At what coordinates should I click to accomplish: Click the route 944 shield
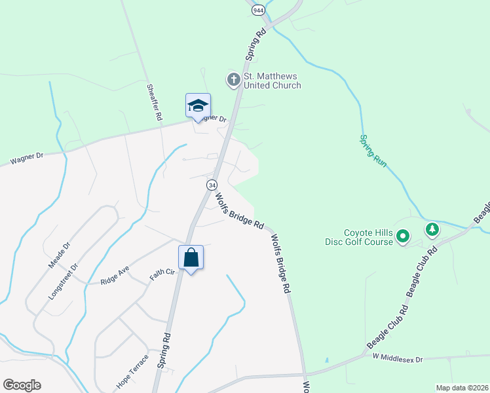(258, 10)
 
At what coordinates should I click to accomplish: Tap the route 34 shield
(212, 185)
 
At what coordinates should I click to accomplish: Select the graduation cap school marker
(198, 106)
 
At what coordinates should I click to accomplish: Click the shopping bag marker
(191, 257)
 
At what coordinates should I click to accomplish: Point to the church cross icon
(233, 80)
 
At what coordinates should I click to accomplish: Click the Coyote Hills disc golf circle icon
(404, 236)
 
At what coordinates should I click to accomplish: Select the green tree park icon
(432, 230)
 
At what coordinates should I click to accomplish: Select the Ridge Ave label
(115, 275)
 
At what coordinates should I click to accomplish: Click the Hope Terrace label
(132, 373)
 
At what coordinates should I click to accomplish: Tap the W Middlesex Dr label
(398, 359)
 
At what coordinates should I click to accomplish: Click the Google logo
(22, 385)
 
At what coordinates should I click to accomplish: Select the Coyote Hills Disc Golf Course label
(368, 237)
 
